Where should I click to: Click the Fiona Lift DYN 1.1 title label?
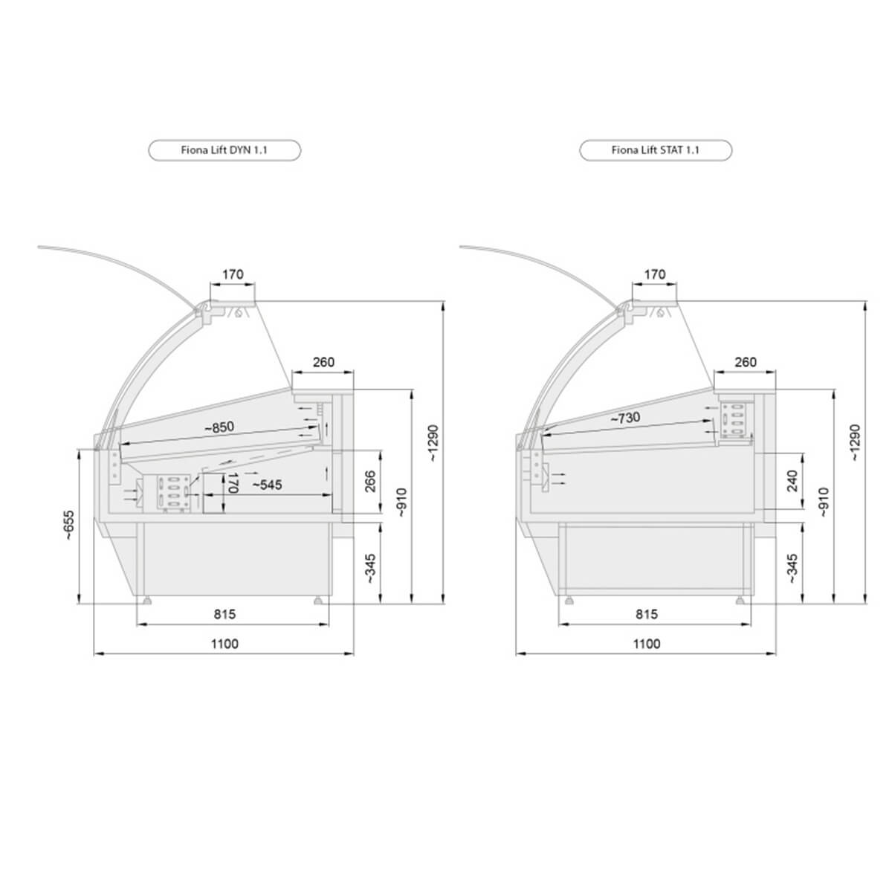point(224,150)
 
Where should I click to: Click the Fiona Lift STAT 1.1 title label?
point(655,150)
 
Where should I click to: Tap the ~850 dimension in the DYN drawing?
point(219,427)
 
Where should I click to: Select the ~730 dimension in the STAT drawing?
point(625,418)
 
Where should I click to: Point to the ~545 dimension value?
point(267,485)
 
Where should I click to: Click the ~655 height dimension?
point(68,526)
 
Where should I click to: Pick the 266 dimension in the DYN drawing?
point(370,482)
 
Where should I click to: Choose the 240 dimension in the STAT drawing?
point(792,481)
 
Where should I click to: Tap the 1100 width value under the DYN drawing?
point(224,644)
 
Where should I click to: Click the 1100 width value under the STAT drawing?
point(647,644)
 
